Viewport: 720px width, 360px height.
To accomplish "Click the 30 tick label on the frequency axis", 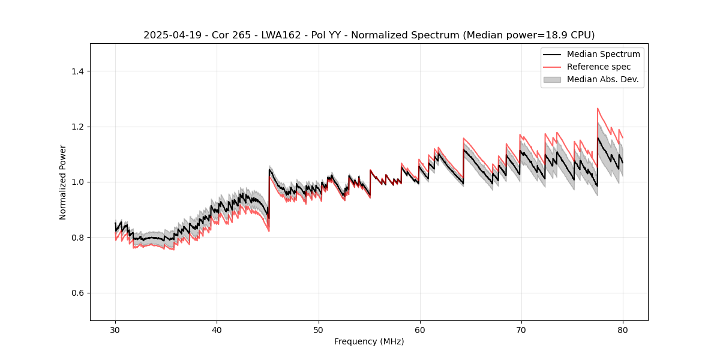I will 115,330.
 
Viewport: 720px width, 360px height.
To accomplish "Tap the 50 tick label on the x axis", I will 318,330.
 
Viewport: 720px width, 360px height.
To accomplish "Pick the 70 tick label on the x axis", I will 521,330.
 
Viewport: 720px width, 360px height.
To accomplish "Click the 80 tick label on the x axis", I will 622,330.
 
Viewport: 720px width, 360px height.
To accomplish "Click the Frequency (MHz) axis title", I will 369,341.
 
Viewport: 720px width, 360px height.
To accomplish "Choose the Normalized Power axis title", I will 63,182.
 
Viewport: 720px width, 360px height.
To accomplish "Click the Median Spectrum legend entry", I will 603,54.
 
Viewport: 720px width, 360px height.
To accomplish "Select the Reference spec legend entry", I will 598,67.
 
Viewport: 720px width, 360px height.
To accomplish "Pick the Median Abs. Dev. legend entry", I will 602,79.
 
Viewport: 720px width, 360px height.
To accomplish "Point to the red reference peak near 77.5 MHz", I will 598,109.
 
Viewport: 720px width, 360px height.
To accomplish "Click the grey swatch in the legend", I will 552,79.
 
